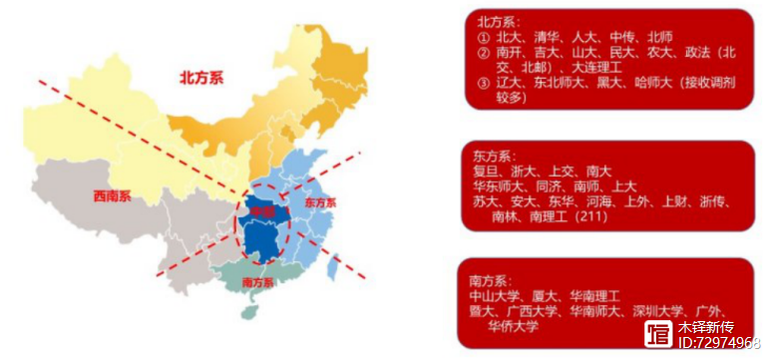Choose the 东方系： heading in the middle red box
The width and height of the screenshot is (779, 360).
coord(495,156)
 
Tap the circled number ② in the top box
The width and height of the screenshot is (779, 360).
coord(484,52)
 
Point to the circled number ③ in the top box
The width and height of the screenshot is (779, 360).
coord(484,84)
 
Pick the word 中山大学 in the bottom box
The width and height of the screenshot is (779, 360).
coord(495,296)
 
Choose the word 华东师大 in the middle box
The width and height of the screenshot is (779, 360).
coord(499,185)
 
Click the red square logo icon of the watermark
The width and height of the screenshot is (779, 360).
coord(658,335)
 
